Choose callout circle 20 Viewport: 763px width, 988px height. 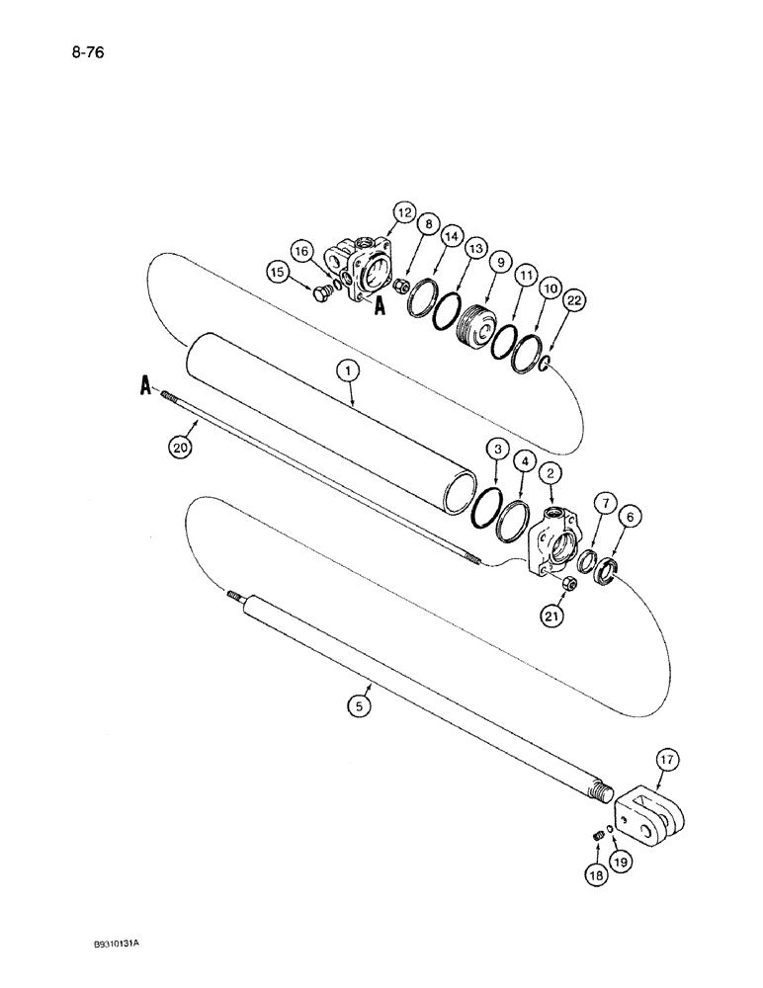coord(179,447)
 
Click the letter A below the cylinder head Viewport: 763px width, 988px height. coord(377,307)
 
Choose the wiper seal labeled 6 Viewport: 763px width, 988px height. coord(605,571)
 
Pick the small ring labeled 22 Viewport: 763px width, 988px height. coord(541,369)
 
